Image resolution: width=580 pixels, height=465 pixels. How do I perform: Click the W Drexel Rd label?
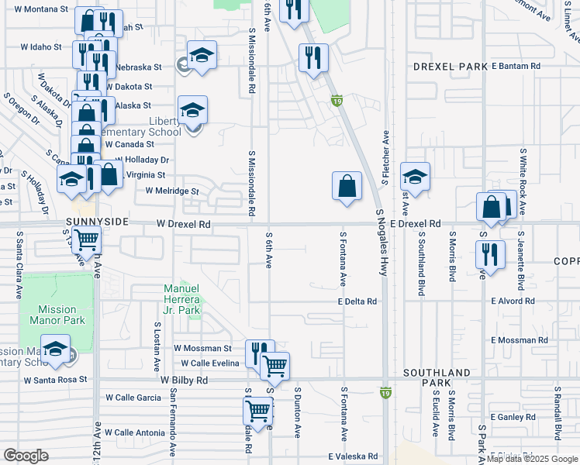[x=183, y=225]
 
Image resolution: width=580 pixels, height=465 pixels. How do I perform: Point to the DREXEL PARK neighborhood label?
[x=449, y=67]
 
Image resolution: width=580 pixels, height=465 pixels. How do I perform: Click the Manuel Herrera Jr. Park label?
[x=182, y=299]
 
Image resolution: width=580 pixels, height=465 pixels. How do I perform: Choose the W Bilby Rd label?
[x=185, y=381]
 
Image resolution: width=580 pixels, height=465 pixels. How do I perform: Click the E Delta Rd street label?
[x=357, y=301]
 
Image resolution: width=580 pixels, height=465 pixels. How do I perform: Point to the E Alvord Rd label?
[x=513, y=301]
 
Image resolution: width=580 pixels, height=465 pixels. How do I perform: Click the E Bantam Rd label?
[x=516, y=67]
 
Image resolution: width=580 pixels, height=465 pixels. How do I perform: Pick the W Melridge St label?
[x=171, y=191]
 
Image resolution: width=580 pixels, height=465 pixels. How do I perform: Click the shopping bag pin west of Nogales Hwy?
[x=347, y=187]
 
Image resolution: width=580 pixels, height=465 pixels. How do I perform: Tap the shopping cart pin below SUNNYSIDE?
[x=86, y=241]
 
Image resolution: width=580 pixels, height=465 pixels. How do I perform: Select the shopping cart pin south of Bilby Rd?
[x=257, y=410]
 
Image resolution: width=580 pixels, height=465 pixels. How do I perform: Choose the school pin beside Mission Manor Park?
[x=56, y=350]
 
